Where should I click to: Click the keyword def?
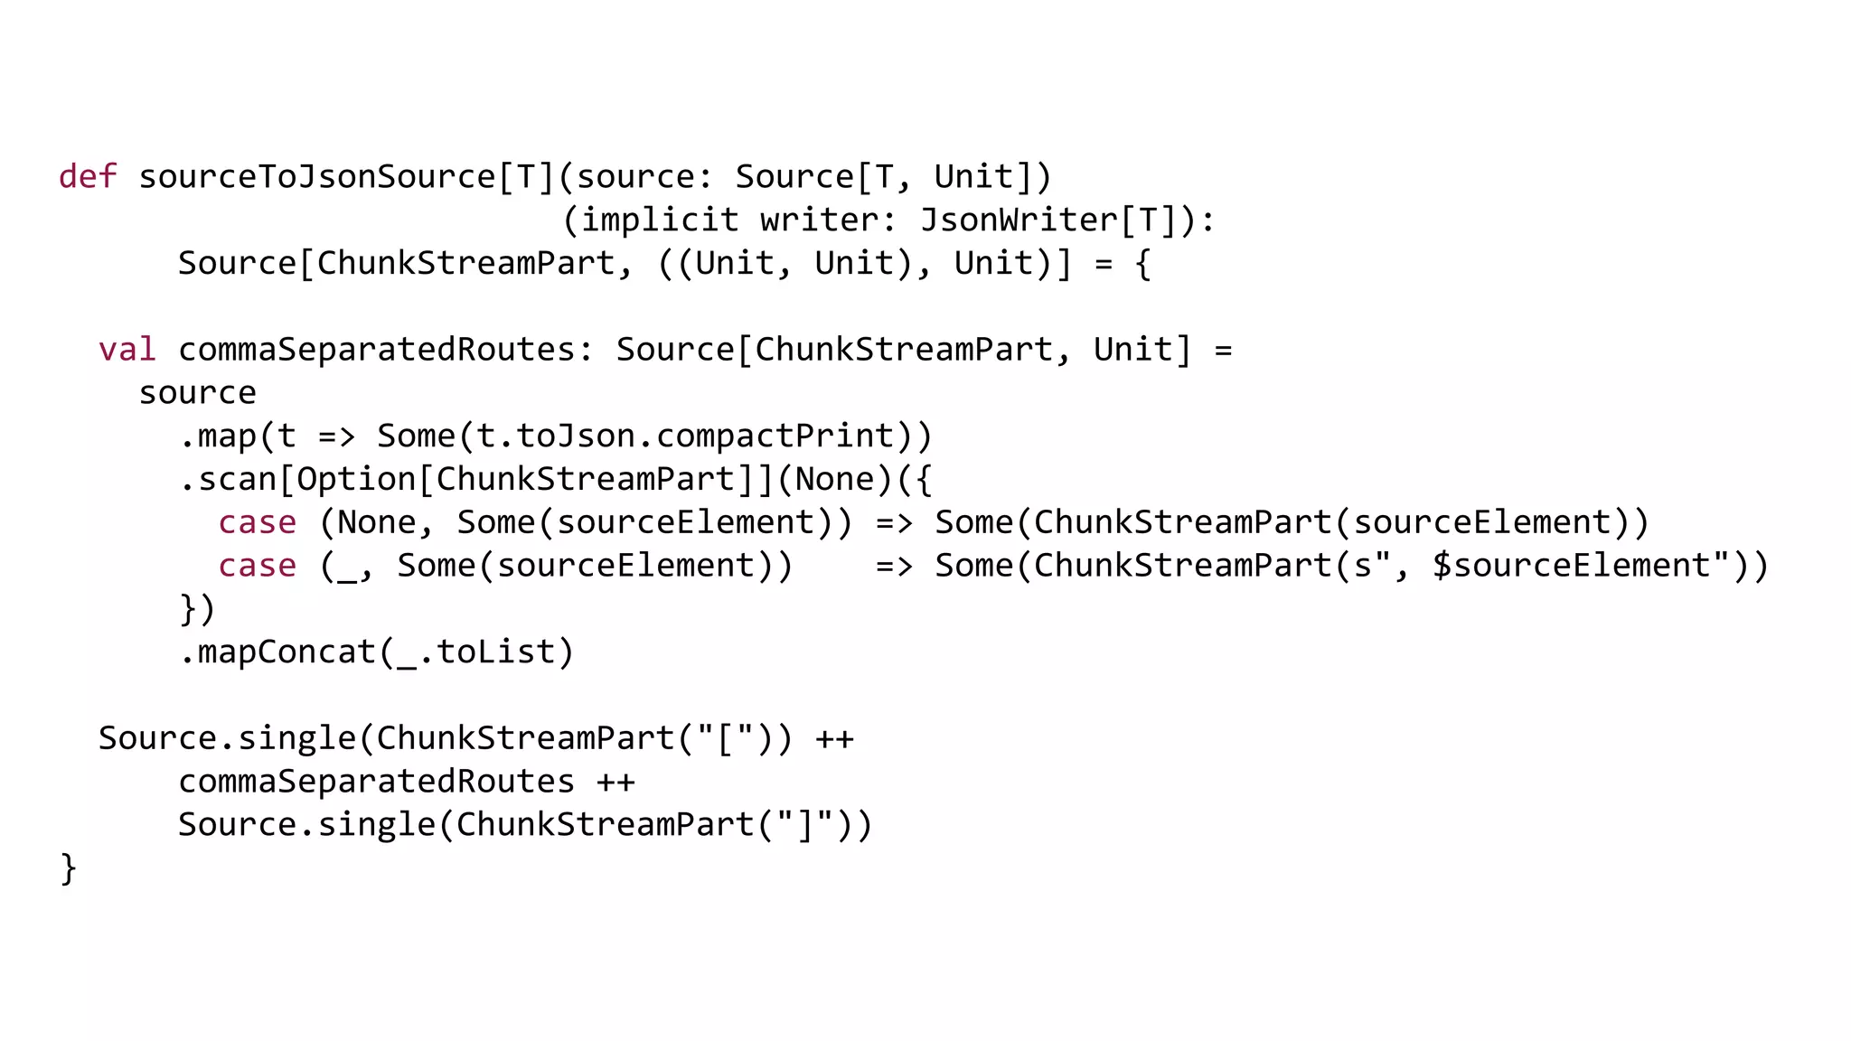88,176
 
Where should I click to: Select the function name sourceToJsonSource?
316,176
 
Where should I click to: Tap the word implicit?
659,220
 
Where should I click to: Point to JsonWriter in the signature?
1019,220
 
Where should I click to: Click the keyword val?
127,350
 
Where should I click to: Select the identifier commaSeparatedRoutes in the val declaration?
376,350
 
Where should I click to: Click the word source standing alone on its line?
197,393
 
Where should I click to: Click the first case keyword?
257,523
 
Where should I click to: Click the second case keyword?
257,567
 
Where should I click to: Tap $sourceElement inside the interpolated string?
1572,567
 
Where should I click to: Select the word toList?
495,652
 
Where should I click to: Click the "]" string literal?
803,825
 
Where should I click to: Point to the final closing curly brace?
69,869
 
